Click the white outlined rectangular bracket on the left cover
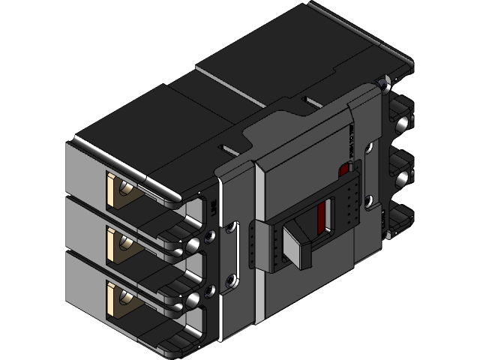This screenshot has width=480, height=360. coord(237,247)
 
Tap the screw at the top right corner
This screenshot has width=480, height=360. coord(385,82)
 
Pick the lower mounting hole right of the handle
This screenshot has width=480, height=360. coord(370,199)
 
